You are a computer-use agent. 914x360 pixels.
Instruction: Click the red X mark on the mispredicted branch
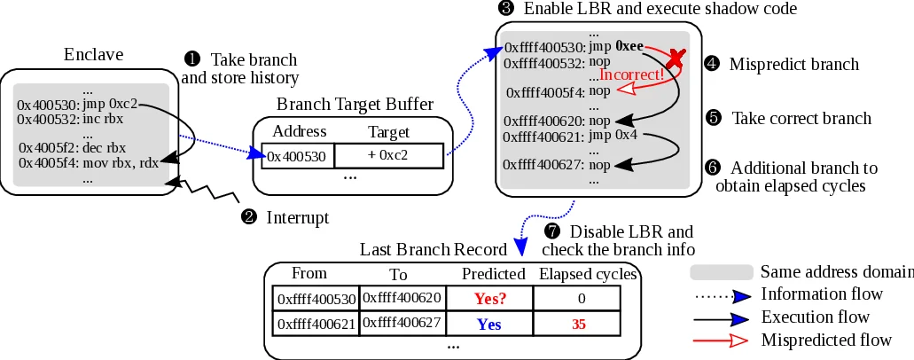pos(676,59)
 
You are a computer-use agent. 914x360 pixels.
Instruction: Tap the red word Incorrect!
pos(632,74)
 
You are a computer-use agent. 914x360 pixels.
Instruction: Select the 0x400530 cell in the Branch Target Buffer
pos(297,156)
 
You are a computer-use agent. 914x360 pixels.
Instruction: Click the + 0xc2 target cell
pos(387,155)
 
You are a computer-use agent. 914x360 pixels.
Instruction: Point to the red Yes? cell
pos(488,299)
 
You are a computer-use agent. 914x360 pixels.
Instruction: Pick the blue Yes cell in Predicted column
pos(488,325)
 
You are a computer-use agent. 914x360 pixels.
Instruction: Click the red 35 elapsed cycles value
pos(579,325)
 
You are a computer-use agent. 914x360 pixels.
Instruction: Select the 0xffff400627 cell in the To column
pos(402,323)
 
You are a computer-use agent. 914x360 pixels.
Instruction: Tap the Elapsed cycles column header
pos(588,274)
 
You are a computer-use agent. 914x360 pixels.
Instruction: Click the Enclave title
pos(89,54)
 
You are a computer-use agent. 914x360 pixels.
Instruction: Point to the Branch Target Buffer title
pos(355,105)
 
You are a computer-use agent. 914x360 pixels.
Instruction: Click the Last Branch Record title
pos(434,250)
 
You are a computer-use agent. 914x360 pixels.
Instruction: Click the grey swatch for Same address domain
pos(722,271)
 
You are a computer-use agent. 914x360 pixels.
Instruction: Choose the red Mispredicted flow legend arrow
pos(723,340)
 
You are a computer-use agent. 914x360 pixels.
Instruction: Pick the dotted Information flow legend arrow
pos(723,294)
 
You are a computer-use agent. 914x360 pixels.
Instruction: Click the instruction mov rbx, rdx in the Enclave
pos(121,162)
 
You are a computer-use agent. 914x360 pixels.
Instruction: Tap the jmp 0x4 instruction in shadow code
pos(613,136)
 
